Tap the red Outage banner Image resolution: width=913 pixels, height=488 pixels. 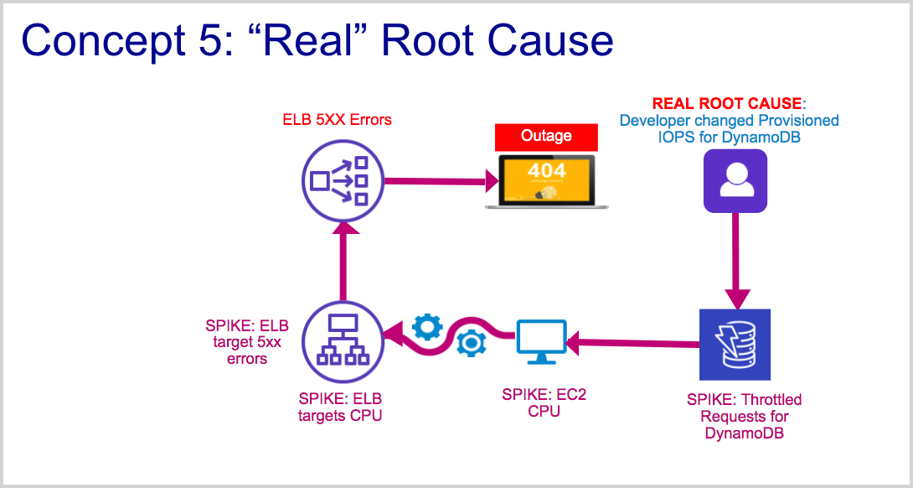coord(546,136)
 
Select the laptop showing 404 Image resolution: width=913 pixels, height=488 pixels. coord(546,181)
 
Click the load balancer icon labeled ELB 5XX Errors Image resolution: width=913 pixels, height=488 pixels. coord(340,179)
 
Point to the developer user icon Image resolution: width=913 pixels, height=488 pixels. coord(735,180)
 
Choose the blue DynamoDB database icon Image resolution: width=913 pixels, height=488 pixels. coord(735,343)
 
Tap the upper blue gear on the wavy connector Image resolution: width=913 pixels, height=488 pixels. coord(426,325)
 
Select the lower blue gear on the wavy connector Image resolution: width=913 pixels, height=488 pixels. coord(470,343)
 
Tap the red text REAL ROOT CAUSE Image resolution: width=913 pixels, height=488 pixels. coord(727,104)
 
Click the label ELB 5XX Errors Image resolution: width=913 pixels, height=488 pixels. coord(337,120)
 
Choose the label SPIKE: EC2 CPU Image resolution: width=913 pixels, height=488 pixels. coord(544,402)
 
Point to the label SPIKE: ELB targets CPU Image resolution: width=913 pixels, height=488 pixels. coord(340,407)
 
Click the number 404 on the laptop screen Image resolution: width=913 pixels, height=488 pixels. coord(546,171)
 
